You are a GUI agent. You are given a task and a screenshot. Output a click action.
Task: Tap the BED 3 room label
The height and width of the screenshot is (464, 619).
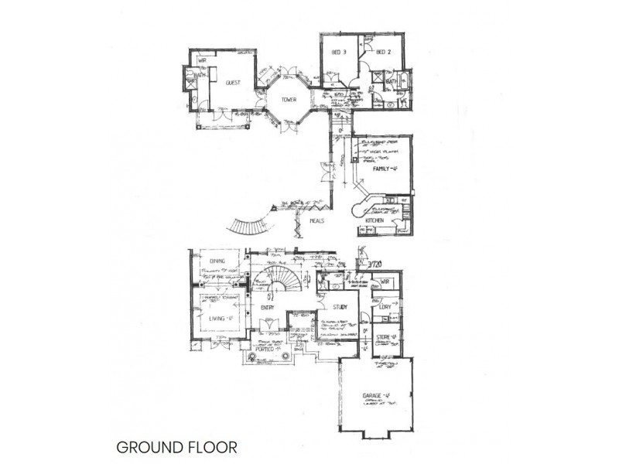(338, 52)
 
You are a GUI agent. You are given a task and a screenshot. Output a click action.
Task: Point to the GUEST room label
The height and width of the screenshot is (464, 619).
(233, 83)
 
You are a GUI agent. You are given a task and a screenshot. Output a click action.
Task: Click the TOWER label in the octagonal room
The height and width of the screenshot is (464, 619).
(289, 99)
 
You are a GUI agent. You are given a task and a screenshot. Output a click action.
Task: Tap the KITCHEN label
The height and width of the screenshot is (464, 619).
(375, 222)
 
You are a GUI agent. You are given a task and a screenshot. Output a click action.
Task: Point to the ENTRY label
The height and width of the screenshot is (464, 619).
(268, 308)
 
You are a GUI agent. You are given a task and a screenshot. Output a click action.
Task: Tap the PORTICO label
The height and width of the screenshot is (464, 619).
(267, 349)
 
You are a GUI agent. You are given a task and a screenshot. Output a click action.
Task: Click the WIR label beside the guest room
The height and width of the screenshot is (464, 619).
(202, 60)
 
